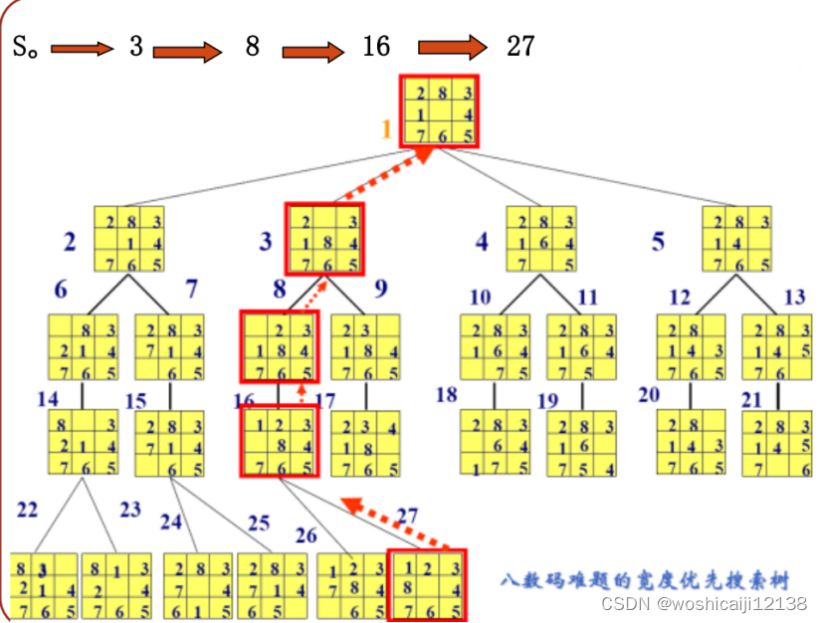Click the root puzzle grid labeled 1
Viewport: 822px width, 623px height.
pos(440,111)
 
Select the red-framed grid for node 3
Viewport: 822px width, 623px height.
pos(324,239)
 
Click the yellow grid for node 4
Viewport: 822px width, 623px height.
pos(541,239)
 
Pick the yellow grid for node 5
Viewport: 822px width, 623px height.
pos(736,239)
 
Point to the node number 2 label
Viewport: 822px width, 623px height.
pos(70,242)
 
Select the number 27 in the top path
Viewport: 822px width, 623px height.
pos(519,46)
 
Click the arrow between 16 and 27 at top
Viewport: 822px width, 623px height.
pos(453,47)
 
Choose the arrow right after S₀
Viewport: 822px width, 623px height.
pos(83,47)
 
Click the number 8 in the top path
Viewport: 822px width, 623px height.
pos(253,46)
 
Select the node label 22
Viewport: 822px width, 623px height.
pos(28,510)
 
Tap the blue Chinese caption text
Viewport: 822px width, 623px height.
pos(646,578)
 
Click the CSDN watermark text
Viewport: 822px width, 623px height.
pos(705,603)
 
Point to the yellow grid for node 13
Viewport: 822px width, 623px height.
pos(776,346)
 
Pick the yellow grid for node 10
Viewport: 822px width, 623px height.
pos(495,346)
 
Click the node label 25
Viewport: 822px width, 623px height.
pos(259,522)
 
